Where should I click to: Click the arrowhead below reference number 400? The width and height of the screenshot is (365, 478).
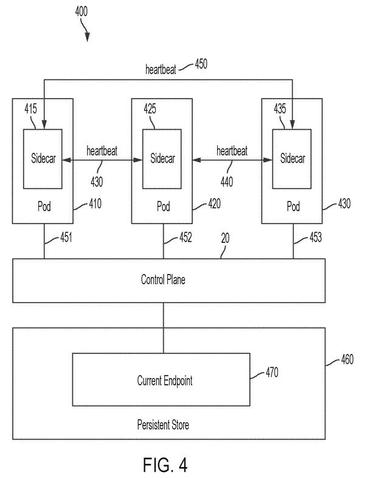tap(88, 37)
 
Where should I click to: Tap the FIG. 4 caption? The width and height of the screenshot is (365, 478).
tap(165, 465)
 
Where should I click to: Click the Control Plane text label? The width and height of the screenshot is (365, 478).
tap(163, 279)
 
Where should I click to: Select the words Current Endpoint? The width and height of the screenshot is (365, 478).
tap(164, 381)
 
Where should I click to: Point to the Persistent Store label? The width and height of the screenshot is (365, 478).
tap(163, 424)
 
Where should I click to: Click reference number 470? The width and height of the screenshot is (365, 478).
tap(272, 372)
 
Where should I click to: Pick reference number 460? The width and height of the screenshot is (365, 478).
tap(347, 359)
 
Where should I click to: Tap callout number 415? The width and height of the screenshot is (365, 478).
tap(30, 108)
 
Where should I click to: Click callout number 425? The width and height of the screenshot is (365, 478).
tap(150, 108)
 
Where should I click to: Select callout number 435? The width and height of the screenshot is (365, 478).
tap(280, 108)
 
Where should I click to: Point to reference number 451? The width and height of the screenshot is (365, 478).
tap(66, 237)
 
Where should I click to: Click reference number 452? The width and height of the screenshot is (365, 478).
tap(186, 237)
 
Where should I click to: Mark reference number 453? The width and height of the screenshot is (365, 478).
tap(315, 237)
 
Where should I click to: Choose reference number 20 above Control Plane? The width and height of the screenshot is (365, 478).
tap(225, 238)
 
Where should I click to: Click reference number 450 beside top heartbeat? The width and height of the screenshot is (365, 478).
tap(201, 64)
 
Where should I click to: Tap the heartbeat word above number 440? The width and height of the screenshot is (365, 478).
tap(232, 151)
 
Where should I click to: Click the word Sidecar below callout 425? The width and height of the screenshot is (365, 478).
tap(162, 158)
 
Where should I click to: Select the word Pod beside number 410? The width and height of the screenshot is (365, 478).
tap(44, 206)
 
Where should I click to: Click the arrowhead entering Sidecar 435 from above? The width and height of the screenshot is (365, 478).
tap(293, 125)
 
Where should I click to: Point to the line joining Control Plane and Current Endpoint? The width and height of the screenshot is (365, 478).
tap(163, 328)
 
